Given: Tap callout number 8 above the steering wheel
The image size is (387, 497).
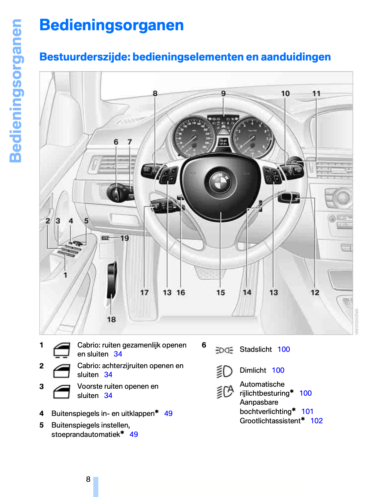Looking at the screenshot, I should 155,94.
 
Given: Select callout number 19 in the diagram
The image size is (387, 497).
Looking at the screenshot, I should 125,238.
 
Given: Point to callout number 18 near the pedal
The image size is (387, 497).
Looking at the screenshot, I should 111,319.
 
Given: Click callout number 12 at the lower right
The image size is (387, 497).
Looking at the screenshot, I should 315,292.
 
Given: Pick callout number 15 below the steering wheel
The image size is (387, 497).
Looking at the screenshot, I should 221,292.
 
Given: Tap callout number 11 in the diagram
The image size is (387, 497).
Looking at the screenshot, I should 316,94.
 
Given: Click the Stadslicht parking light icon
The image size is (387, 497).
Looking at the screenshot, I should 224,350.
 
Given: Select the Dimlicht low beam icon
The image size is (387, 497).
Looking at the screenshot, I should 224,371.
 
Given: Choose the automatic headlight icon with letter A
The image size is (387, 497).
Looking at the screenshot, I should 225,392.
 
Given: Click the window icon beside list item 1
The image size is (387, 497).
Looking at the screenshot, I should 61,350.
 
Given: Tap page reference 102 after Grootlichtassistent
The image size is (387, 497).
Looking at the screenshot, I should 316,421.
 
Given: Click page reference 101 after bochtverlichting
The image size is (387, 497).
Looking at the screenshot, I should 307,412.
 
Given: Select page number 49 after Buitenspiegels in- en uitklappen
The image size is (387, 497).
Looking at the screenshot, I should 168,414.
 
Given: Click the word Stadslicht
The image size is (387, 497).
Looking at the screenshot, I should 255,349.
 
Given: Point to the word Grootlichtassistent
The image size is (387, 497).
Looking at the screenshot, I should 270,421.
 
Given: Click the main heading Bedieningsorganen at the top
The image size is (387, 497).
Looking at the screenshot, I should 111,25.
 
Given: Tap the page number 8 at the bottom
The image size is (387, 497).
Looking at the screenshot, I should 88,479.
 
